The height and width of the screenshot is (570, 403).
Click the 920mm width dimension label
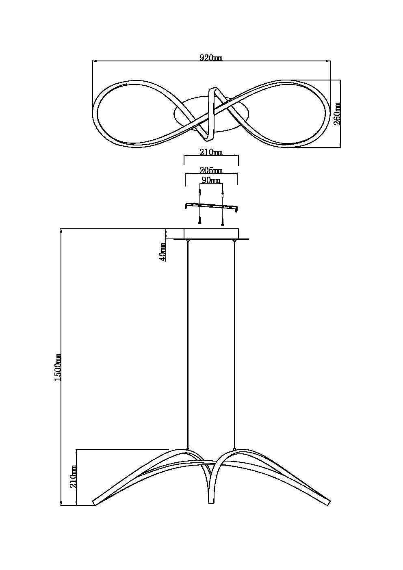point(211,58)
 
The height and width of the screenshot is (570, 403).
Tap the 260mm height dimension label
point(337,113)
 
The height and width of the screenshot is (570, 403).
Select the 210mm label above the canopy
point(211,152)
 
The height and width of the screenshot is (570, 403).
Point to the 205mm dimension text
point(211,170)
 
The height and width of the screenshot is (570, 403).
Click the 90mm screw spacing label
point(211,180)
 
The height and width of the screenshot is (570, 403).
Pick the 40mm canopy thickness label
point(162,251)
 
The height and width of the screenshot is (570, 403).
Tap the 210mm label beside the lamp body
point(74,476)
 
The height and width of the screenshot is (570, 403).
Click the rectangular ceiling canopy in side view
point(211,234)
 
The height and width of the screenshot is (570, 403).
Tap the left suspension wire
point(187,345)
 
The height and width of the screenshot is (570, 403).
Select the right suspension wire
point(234,345)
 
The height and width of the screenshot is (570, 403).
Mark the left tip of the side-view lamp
point(95,502)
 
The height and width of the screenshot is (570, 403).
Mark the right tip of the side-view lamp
point(328,503)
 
